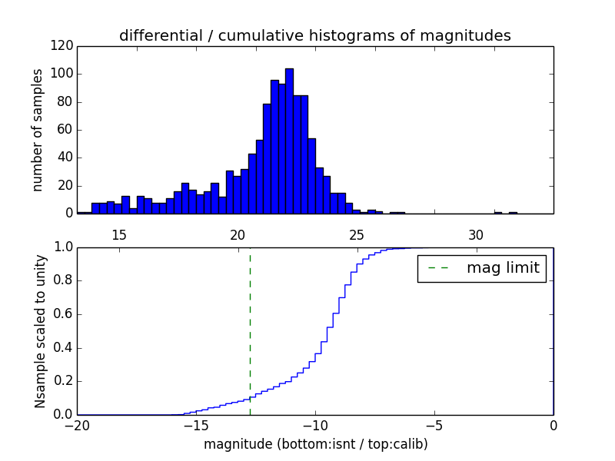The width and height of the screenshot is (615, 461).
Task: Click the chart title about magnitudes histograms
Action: click(314, 35)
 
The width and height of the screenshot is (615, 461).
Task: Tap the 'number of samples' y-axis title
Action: click(38, 130)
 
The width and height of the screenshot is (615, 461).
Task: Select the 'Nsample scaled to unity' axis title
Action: click(40, 331)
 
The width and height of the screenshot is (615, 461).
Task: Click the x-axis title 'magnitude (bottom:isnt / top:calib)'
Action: click(315, 444)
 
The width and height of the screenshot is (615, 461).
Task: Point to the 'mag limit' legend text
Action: click(503, 268)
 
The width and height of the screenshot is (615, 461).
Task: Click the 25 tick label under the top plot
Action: click(357, 235)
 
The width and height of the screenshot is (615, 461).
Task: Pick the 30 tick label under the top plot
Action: click(476, 235)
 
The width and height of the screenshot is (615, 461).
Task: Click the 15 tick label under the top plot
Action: click(119, 235)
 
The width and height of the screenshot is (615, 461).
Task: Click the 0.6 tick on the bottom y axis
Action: click(62, 314)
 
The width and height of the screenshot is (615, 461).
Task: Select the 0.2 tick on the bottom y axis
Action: click(62, 381)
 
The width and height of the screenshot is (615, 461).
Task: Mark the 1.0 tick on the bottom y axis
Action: click(62, 247)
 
